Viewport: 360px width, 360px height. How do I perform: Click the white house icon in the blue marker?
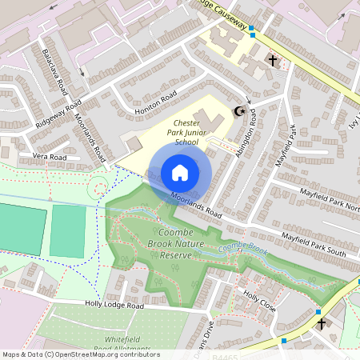(180, 173)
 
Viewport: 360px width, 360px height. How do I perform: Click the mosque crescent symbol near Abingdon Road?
(236, 111)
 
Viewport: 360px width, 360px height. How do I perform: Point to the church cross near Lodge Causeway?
(273, 60)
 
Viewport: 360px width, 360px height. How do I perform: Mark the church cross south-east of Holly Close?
(322, 324)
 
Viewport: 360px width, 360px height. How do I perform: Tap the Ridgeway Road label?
(58, 116)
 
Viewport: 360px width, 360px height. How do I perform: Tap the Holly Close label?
(259, 302)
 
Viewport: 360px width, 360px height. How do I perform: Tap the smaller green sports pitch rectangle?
(68, 231)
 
